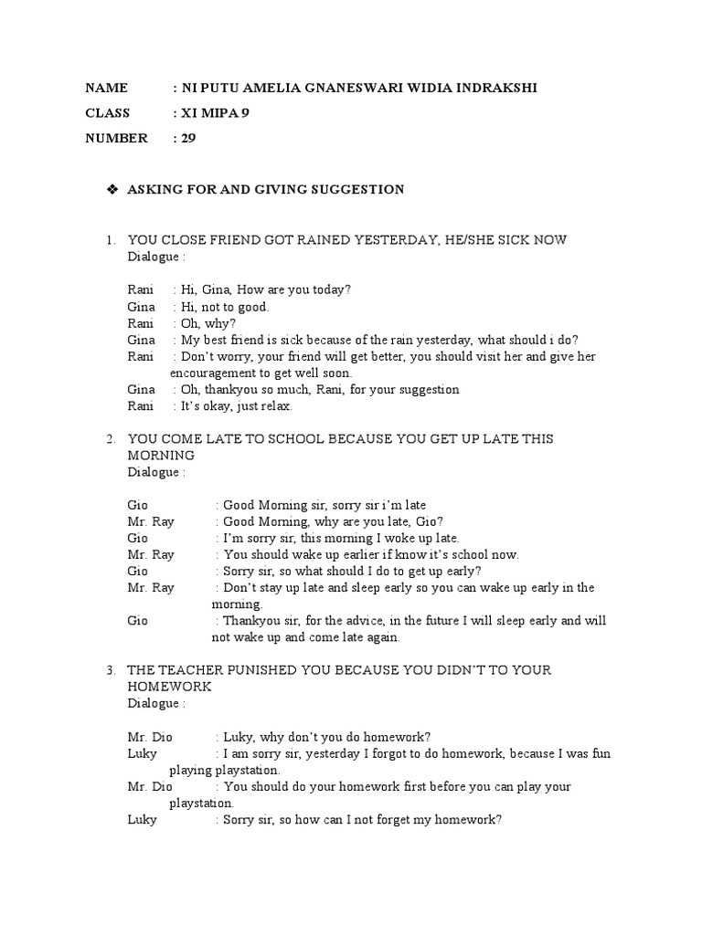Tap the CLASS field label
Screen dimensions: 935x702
pos(108,113)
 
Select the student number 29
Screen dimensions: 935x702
pos(188,139)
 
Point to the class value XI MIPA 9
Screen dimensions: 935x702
pos(219,113)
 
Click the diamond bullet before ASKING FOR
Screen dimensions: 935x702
pos(112,189)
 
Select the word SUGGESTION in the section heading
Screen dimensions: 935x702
pos(359,190)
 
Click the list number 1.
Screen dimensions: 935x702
pos(110,240)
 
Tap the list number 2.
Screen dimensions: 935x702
pos(110,439)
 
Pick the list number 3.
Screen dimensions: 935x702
pos(110,670)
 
